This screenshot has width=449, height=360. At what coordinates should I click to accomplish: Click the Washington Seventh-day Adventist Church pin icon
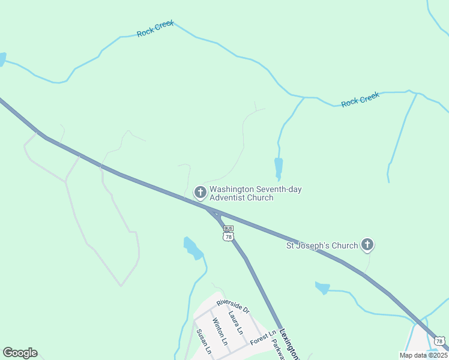coord(200,193)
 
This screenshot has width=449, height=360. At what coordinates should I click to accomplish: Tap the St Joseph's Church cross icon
coord(367,245)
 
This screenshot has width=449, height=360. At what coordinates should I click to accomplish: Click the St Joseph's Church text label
coord(321,245)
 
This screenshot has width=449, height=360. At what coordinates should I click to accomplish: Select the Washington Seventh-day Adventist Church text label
coord(255,193)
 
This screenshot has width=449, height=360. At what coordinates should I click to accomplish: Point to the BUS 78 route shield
coord(228,233)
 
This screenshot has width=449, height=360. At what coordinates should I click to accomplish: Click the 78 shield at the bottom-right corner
coord(441,341)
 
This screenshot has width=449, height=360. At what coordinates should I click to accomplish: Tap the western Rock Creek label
coord(155,29)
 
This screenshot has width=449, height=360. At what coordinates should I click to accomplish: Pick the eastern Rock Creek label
coord(360,100)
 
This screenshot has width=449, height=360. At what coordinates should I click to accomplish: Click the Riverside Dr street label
coord(232,305)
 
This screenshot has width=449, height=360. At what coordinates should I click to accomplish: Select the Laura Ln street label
coord(235,322)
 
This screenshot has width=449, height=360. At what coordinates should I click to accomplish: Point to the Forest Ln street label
coord(263,338)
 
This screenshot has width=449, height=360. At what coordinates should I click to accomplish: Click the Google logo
coord(20,353)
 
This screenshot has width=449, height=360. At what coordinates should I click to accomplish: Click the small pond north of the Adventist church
coord(278,167)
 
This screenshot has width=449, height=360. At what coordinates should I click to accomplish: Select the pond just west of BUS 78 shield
coord(193,248)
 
